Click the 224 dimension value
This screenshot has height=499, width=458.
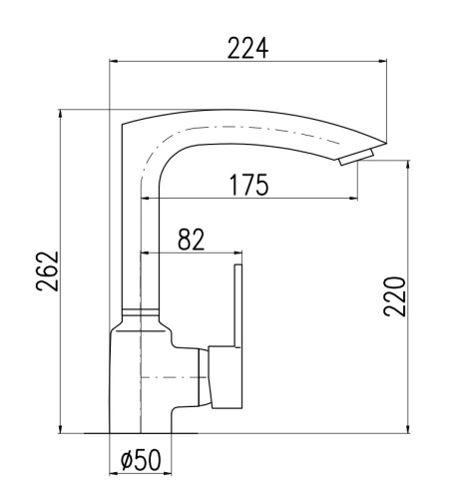pos(247,49)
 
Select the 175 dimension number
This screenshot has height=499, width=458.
pos(248,185)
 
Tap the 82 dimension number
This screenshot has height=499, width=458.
pos(191,240)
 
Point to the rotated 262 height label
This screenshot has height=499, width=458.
pos(47,271)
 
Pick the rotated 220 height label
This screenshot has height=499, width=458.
pos(395,296)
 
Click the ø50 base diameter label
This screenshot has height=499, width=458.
pos(141,460)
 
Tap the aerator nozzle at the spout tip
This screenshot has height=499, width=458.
pos(356,157)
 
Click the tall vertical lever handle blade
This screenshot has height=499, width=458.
pos(238,306)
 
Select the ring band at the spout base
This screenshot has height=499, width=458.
pos(141,312)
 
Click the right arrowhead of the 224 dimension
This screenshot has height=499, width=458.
pos(383,61)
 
